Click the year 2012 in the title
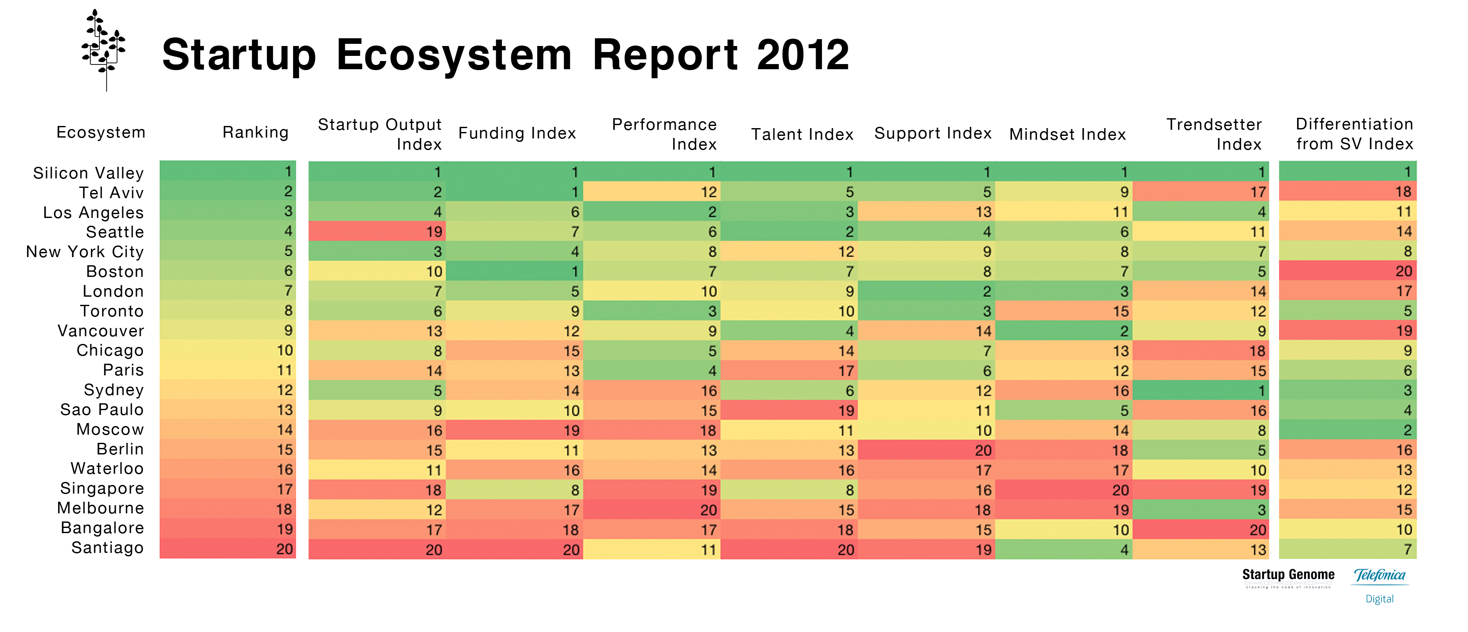coord(803,55)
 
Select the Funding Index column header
coord(517,133)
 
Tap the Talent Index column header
coord(802,135)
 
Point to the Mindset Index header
coord(1067,135)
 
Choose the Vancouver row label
coord(101,331)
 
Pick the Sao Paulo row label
coord(102,409)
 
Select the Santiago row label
coord(107,548)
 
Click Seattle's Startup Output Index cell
coord(377,231)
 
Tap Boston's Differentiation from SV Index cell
coord(1348,271)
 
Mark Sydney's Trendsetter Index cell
coord(1201,390)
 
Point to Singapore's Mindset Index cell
coord(1064,490)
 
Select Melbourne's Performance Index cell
coord(652,509)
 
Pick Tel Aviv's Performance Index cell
coord(652,192)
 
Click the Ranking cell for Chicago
coord(228,350)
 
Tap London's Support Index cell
coord(927,291)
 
